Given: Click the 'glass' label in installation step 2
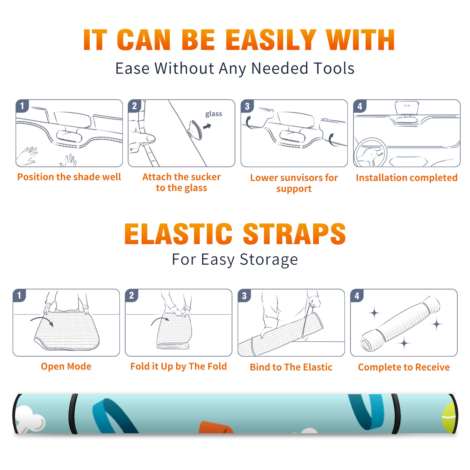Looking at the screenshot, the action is click(214, 114).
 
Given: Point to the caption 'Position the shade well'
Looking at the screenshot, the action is click(69, 177).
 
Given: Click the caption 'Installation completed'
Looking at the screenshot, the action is click(407, 177).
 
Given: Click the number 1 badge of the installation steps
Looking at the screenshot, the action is click(22, 106).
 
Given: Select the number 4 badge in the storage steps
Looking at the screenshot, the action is click(357, 296).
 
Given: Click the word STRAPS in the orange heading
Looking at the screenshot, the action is click(294, 234).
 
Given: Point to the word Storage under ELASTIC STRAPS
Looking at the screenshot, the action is click(269, 260).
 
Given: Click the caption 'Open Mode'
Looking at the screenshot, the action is click(66, 366).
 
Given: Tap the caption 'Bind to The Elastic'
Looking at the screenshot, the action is click(291, 367).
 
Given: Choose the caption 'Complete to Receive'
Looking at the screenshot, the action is click(404, 367).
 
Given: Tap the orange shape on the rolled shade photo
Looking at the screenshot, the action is click(216, 427).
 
